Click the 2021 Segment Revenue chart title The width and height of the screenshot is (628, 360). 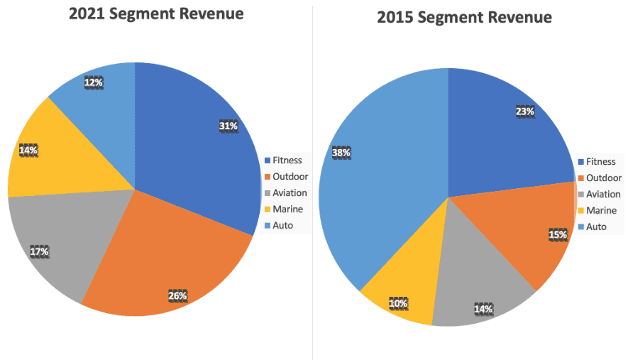coord(155,13)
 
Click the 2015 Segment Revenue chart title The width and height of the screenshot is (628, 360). coord(464,17)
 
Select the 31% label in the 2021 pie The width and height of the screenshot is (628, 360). coord(228,126)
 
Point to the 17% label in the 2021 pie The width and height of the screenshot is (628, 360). coord(39,251)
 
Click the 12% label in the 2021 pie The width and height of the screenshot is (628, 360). coord(94,82)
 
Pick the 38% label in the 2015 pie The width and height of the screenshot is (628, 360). coord(341,152)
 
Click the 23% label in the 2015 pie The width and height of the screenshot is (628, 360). coord(524,111)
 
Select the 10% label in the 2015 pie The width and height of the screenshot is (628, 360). coord(398,303)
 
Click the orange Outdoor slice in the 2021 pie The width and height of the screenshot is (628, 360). coord(170,249)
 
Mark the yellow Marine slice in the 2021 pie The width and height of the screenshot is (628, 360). coord(57,156)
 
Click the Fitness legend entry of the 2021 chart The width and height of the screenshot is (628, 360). coord(287,160)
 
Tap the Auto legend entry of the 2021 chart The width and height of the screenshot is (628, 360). coord(282,226)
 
